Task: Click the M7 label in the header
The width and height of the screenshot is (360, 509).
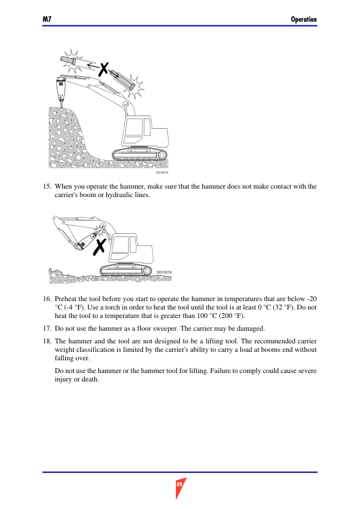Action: click(47, 19)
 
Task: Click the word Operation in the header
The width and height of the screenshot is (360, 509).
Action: click(304, 19)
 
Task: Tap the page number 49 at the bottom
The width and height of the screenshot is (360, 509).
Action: click(179, 485)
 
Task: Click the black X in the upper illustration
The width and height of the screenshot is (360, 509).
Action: click(103, 70)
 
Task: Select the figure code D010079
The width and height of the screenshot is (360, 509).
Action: click(162, 172)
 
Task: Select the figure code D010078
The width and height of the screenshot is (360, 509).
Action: click(164, 273)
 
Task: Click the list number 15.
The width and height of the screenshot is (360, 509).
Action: click(47, 186)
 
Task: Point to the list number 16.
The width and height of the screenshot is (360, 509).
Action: click(47, 299)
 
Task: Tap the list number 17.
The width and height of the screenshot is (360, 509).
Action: click(47, 328)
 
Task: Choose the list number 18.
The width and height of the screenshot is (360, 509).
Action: click(47, 341)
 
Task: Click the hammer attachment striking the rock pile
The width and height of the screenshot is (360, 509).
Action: click(61, 90)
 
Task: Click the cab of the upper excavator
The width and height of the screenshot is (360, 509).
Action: click(137, 131)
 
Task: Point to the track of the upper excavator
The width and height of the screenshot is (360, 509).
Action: click(140, 155)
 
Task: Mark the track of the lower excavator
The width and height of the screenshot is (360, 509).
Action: click(126, 270)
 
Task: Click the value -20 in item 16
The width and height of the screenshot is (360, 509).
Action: click(312, 299)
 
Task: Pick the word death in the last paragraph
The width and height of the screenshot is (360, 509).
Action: click(89, 379)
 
